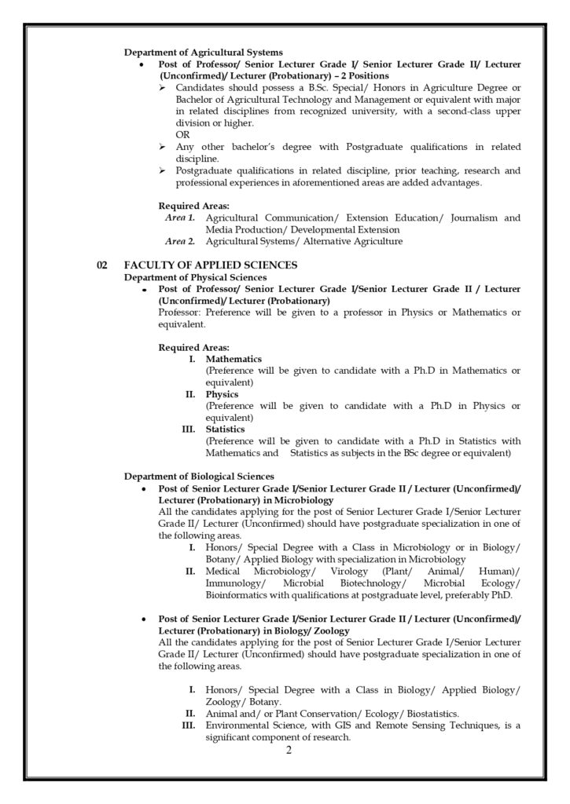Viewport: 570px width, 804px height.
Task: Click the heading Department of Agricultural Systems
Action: (204, 52)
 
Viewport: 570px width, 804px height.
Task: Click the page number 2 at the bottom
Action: (289, 750)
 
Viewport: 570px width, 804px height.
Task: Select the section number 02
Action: (102, 265)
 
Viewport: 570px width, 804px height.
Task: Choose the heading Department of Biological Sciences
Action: (199, 476)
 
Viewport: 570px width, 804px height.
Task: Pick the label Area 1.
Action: (180, 217)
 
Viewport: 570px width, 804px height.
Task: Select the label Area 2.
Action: (180, 241)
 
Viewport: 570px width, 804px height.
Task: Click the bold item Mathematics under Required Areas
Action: (234, 359)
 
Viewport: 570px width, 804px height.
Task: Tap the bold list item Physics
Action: (222, 394)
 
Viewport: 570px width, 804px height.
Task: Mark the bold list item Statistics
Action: (225, 429)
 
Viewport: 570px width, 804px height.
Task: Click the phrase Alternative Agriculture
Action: (355, 241)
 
